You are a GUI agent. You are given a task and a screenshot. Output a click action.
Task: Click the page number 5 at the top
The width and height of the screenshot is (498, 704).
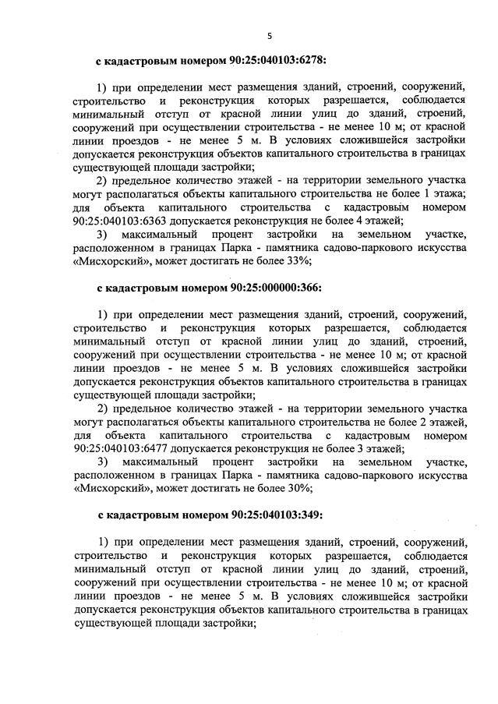point(270,36)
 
